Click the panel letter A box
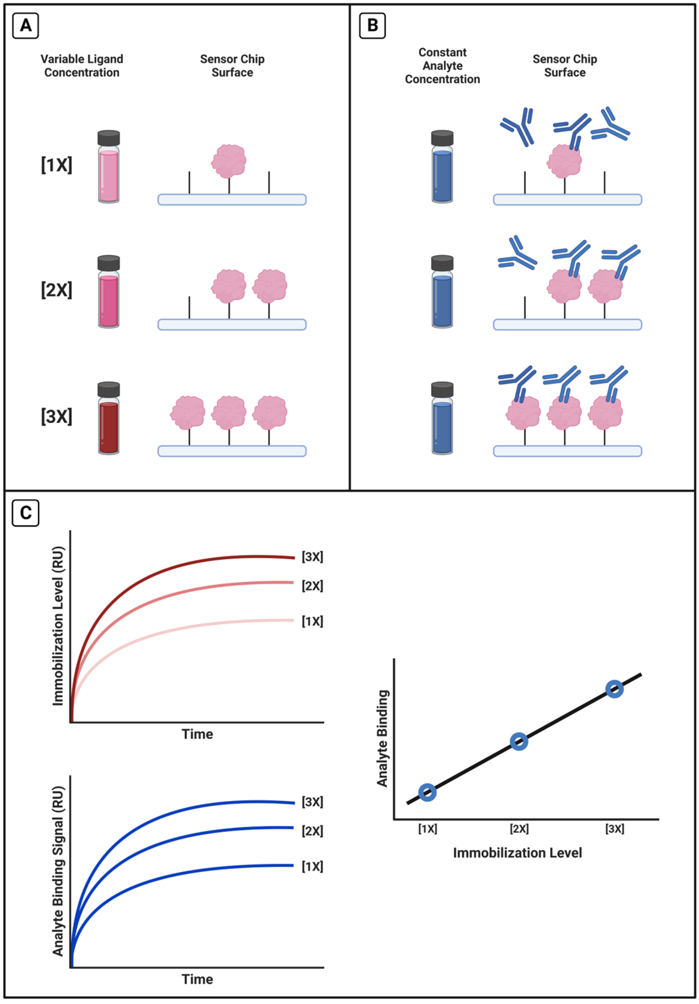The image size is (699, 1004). pos(25,25)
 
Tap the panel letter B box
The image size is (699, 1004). pos(372,25)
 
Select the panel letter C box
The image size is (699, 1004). pos(25,512)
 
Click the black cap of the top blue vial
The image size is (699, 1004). pos(442,138)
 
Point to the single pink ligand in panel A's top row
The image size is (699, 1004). pos(229,161)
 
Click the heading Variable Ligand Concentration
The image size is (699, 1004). pos(82,66)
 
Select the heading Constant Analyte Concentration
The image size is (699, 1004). pos(442,66)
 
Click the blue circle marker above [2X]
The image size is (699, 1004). pos(519,741)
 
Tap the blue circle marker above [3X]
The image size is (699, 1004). pos(614,689)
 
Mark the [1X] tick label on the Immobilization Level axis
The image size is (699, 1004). pos(427,829)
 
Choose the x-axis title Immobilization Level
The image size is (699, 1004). pos(517,853)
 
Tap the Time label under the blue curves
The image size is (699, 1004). pos(197,979)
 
